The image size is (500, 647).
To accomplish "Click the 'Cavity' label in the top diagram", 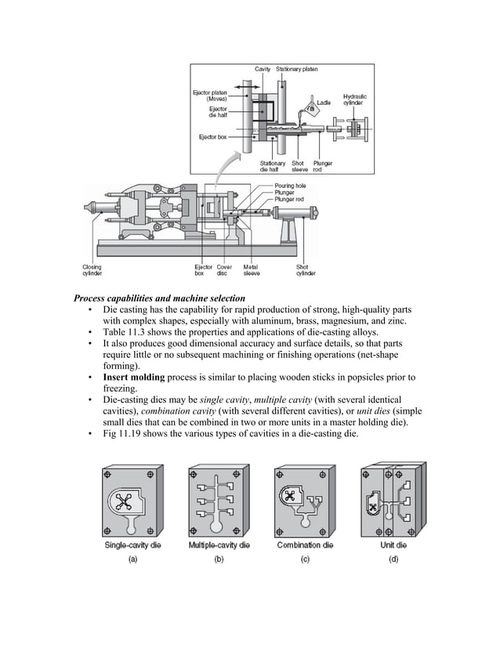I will point(263,70).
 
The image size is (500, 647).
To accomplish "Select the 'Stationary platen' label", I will point(297,70).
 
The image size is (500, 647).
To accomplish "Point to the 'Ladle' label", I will point(324,102).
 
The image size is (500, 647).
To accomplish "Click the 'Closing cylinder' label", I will point(92,269).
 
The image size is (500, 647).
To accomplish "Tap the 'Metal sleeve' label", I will point(252,269).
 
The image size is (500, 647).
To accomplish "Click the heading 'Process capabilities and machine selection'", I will point(159,298).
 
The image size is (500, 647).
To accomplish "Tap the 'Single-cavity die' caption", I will point(132,545).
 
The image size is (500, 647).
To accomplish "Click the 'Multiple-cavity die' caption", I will point(219,545).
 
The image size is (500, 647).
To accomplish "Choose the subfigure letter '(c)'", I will point(305,559).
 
